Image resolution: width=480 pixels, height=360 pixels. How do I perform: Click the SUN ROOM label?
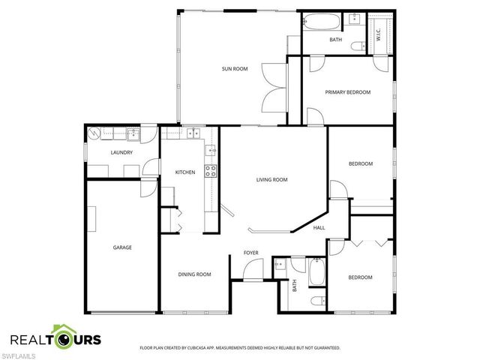pyautogui.click(x=234, y=69)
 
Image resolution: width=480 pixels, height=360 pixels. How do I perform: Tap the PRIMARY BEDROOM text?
pyautogui.click(x=347, y=92)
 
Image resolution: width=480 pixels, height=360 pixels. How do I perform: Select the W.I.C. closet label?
pyautogui.click(x=379, y=34)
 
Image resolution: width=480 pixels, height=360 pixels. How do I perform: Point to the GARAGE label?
pyautogui.click(x=122, y=247)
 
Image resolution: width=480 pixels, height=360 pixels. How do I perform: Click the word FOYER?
pyautogui.click(x=250, y=253)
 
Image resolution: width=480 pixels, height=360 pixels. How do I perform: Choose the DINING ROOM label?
pyautogui.click(x=194, y=274)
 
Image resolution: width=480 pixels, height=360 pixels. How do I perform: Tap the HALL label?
pyautogui.click(x=319, y=227)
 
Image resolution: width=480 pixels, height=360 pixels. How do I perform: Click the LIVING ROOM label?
pyautogui.click(x=271, y=180)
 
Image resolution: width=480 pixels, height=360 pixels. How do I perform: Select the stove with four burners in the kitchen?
pyautogui.click(x=211, y=170)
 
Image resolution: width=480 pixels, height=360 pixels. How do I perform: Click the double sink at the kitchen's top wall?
pyautogui.click(x=193, y=133)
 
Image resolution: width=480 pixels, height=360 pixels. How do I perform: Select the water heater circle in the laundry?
pyautogui.click(x=94, y=134)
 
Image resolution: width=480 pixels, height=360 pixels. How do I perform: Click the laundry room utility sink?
pyautogui.click(x=133, y=135)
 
